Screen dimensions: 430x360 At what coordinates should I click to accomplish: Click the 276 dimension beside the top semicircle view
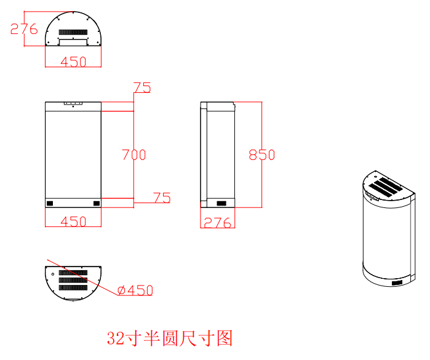tap(24, 29)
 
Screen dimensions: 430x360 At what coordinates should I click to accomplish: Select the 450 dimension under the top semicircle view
tap(73, 62)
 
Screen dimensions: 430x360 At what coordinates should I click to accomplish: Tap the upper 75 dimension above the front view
tap(142, 87)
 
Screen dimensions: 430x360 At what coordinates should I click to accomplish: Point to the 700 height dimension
tap(134, 154)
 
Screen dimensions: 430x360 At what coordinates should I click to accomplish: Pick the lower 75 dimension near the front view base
tap(162, 198)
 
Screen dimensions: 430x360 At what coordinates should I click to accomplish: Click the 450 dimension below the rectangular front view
tap(73, 222)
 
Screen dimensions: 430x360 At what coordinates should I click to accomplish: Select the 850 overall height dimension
tap(262, 154)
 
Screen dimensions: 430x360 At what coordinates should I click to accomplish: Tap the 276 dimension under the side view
tap(218, 223)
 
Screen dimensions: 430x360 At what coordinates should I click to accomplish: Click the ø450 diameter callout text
tap(135, 290)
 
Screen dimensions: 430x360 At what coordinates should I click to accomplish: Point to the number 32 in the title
tap(115, 338)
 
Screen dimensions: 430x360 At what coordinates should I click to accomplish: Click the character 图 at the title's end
tap(225, 338)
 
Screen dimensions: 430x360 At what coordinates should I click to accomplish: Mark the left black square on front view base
tap(50, 203)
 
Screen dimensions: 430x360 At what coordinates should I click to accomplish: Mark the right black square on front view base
tap(97, 203)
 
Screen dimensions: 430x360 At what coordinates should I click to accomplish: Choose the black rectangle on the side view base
tap(221, 203)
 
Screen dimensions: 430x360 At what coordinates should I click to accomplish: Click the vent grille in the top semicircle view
tap(73, 32)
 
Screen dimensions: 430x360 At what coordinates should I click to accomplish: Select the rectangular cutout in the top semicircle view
tap(73, 42)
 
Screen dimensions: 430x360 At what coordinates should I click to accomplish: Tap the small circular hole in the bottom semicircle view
tap(53, 274)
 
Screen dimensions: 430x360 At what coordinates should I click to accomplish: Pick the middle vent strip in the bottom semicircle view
tap(73, 280)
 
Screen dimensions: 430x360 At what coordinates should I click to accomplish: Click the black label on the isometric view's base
tap(397, 282)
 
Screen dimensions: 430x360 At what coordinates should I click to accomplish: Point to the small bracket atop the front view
tap(73, 103)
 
